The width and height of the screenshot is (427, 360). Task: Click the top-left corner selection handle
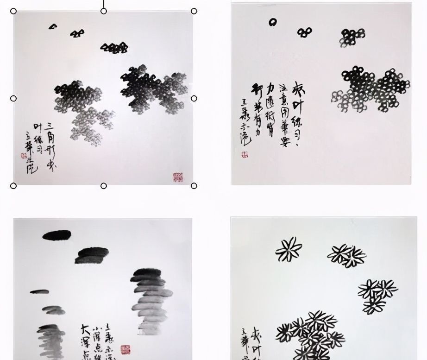coord(13,11)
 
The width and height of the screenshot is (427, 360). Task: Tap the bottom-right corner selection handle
coord(194,186)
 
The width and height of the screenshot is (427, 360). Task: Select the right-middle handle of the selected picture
coord(194,98)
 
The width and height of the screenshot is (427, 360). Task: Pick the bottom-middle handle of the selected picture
coord(104,186)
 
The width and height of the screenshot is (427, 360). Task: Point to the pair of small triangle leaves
coord(77,33)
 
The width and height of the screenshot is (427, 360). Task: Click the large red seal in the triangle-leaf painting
coord(178,177)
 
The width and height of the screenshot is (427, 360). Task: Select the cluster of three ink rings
coord(304,32)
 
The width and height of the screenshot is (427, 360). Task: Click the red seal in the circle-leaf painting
coord(244,155)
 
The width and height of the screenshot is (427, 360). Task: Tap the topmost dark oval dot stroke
coord(57,235)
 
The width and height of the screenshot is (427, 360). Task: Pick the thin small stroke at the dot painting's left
coord(39,292)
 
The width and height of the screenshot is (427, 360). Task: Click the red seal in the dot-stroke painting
coord(126,349)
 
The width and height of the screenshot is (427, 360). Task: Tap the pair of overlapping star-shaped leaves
coord(347,255)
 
